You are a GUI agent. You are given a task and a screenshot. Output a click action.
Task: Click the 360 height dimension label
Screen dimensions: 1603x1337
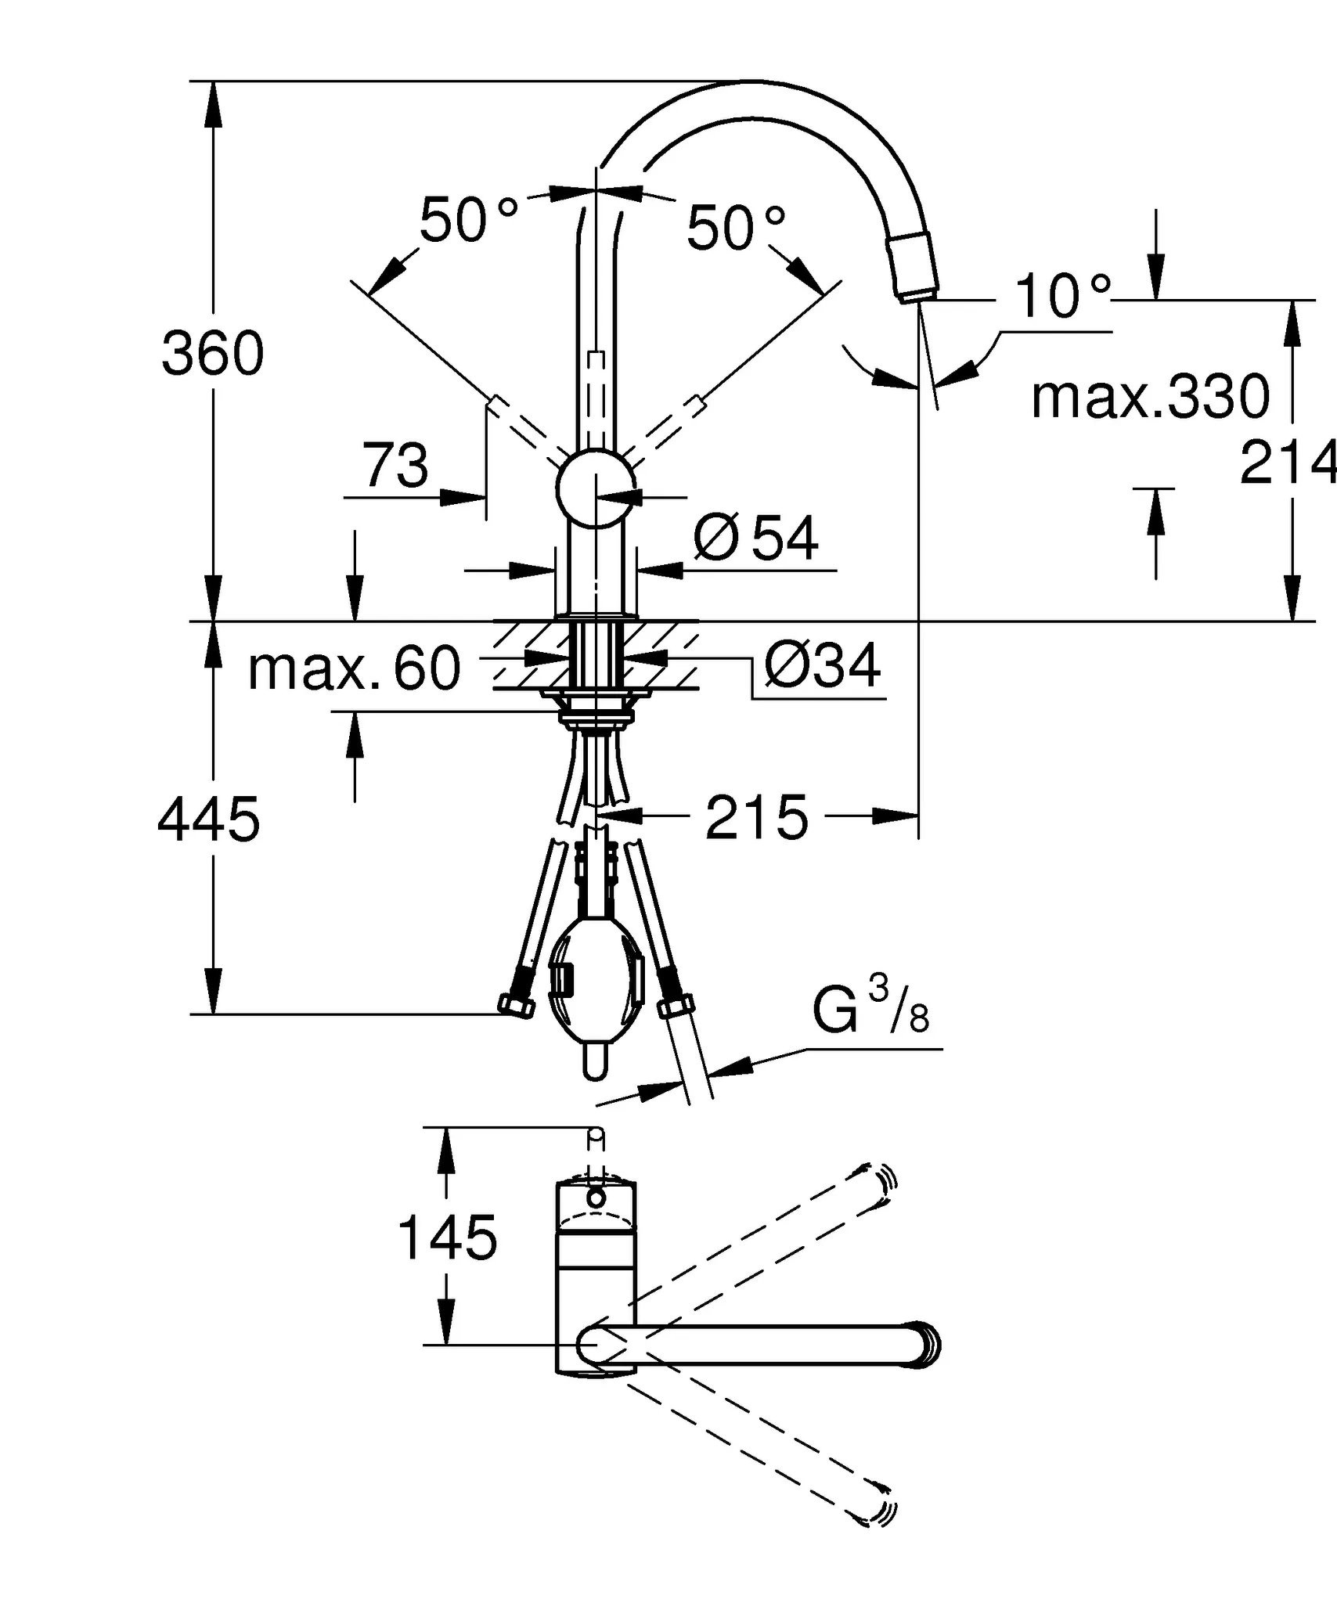(x=212, y=354)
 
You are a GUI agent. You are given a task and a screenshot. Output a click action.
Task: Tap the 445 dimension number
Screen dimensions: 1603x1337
(x=208, y=820)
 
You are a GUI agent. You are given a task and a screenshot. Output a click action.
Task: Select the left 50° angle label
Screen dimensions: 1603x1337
(x=467, y=220)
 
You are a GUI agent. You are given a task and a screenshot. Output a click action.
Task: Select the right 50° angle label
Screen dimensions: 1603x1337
(x=735, y=229)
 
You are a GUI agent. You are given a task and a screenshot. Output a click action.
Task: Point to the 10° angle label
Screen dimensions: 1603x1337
(x=1062, y=297)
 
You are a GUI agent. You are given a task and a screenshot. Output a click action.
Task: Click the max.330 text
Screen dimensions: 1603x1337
(x=1150, y=398)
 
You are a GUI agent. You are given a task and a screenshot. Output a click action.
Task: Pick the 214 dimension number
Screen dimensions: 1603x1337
(x=1287, y=463)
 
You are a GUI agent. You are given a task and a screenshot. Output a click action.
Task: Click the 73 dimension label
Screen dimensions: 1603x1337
(x=395, y=466)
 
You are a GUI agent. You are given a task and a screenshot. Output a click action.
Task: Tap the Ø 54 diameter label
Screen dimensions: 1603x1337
(x=756, y=539)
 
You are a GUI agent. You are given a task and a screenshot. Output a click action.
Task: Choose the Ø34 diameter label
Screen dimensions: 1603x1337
(x=823, y=665)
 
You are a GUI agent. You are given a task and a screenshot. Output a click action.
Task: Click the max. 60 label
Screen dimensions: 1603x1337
(x=355, y=669)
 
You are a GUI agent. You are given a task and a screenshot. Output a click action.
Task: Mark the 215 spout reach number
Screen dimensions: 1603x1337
(x=756, y=818)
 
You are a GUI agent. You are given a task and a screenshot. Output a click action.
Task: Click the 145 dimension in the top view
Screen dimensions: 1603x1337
(x=447, y=1237)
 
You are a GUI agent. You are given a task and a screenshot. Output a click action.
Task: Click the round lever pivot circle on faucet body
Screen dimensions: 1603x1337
(x=596, y=488)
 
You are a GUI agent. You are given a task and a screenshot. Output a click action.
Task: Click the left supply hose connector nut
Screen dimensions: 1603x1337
(x=516, y=1005)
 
